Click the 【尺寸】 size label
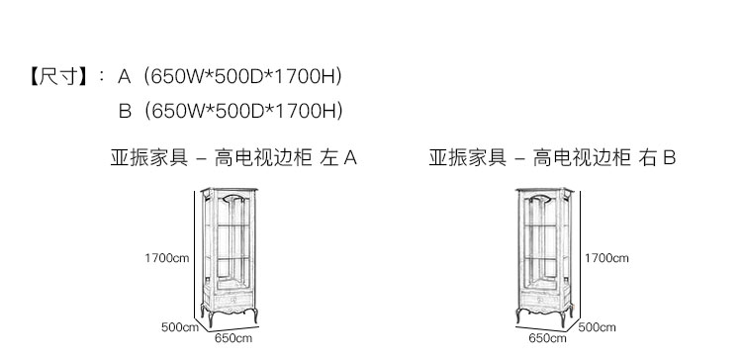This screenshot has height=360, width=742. tap(59, 76)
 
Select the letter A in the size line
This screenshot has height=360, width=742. tap(124, 76)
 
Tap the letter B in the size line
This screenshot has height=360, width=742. tap(125, 111)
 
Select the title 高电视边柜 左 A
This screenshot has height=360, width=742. tap(285, 157)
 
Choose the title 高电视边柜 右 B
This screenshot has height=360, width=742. tap(604, 157)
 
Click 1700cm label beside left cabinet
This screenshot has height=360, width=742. tap(166, 258)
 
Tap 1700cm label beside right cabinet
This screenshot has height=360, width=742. tap(606, 258)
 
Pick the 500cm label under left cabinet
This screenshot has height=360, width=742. tap(180, 327)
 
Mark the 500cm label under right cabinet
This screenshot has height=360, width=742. tap(598, 327)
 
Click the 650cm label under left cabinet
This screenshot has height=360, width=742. tap(233, 338)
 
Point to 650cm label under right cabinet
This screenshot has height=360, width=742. tap(547, 338)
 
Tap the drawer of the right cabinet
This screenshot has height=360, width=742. tap(540, 300)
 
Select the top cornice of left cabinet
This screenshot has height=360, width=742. tap(230, 190)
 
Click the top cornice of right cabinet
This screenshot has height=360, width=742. tap(544, 190)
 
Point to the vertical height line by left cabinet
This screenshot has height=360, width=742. tap(195, 254)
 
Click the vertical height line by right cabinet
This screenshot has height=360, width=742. tap(580, 254)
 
